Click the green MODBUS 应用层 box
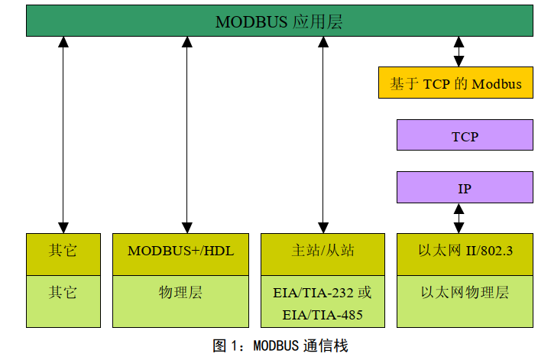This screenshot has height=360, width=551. click(279, 21)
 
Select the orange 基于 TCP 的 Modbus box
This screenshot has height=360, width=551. click(455, 83)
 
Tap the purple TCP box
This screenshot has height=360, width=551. click(465, 135)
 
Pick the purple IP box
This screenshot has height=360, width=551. click(465, 187)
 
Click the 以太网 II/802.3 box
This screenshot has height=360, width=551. click(465, 251)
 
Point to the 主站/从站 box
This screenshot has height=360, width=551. click(322, 251)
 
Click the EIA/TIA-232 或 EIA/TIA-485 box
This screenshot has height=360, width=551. click(322, 303)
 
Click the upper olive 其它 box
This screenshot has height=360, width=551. click(63, 251)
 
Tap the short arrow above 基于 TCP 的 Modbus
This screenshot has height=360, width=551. click(459, 52)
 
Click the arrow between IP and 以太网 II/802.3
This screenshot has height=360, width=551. click(459, 218)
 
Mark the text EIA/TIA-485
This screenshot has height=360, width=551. click(322, 314)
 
